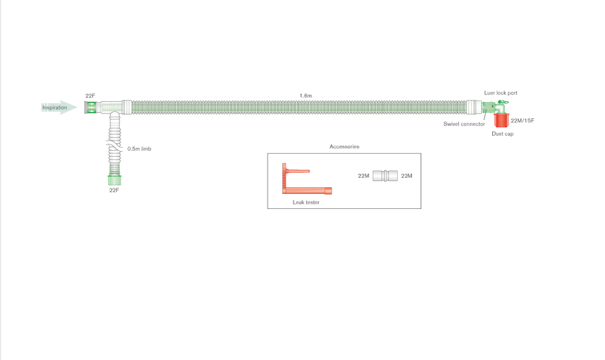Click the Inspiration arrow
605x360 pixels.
click(x=59, y=107)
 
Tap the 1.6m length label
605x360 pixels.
click(x=306, y=96)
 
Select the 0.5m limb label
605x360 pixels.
click(x=139, y=148)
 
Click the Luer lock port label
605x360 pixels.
click(x=501, y=93)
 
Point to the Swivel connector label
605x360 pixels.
click(x=464, y=124)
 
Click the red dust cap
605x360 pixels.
click(x=502, y=121)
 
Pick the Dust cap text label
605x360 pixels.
click(x=502, y=134)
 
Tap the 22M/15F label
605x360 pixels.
click(x=522, y=121)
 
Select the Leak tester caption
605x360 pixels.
click(x=306, y=202)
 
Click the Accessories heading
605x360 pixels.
click(x=344, y=147)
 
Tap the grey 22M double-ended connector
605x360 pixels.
click(x=385, y=176)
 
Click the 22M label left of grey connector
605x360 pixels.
click(x=363, y=176)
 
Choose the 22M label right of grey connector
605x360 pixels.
click(x=407, y=176)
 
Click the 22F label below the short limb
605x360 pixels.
click(x=114, y=190)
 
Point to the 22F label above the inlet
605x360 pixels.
click(x=91, y=96)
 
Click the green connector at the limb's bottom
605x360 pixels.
click(x=114, y=180)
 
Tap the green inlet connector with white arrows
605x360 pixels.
click(x=91, y=107)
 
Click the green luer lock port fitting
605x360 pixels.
click(x=502, y=103)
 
